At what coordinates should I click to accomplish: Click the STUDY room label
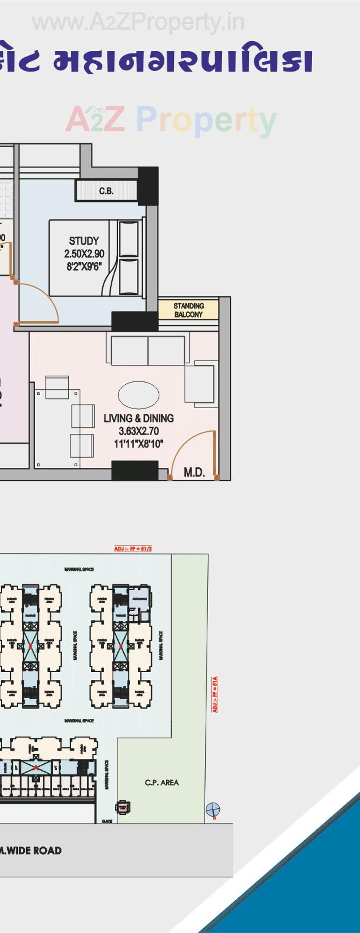pos(84,241)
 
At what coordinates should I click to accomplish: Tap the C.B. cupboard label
pos(106,191)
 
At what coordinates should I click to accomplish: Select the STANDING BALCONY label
pos(188,310)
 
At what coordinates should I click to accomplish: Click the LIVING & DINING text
pos(139,418)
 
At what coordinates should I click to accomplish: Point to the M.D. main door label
pos(194,472)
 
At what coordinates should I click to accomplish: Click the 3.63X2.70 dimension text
pos(139,431)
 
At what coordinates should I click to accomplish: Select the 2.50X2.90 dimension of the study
pos(84,254)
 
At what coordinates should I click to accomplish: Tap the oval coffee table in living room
pos(138,395)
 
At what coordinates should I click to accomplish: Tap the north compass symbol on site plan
pos(212,809)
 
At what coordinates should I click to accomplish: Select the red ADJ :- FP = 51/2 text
pos(133,549)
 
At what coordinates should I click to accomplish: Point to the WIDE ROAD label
pos(31,850)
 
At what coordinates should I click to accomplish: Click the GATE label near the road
pos(107,821)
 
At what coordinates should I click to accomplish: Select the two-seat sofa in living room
pos(148,350)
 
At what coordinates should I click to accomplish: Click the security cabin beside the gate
pos(123,807)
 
